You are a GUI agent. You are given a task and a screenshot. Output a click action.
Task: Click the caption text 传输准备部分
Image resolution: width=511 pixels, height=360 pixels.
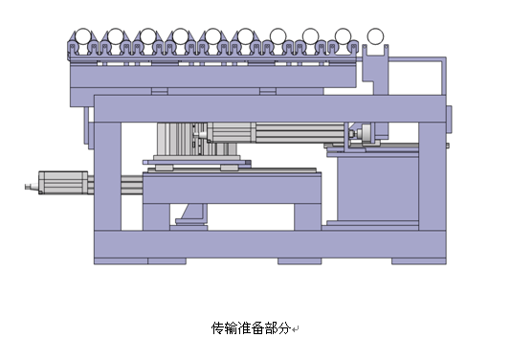[x=252, y=327]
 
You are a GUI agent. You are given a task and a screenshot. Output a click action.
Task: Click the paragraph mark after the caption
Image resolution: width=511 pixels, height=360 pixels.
[x=298, y=329]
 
